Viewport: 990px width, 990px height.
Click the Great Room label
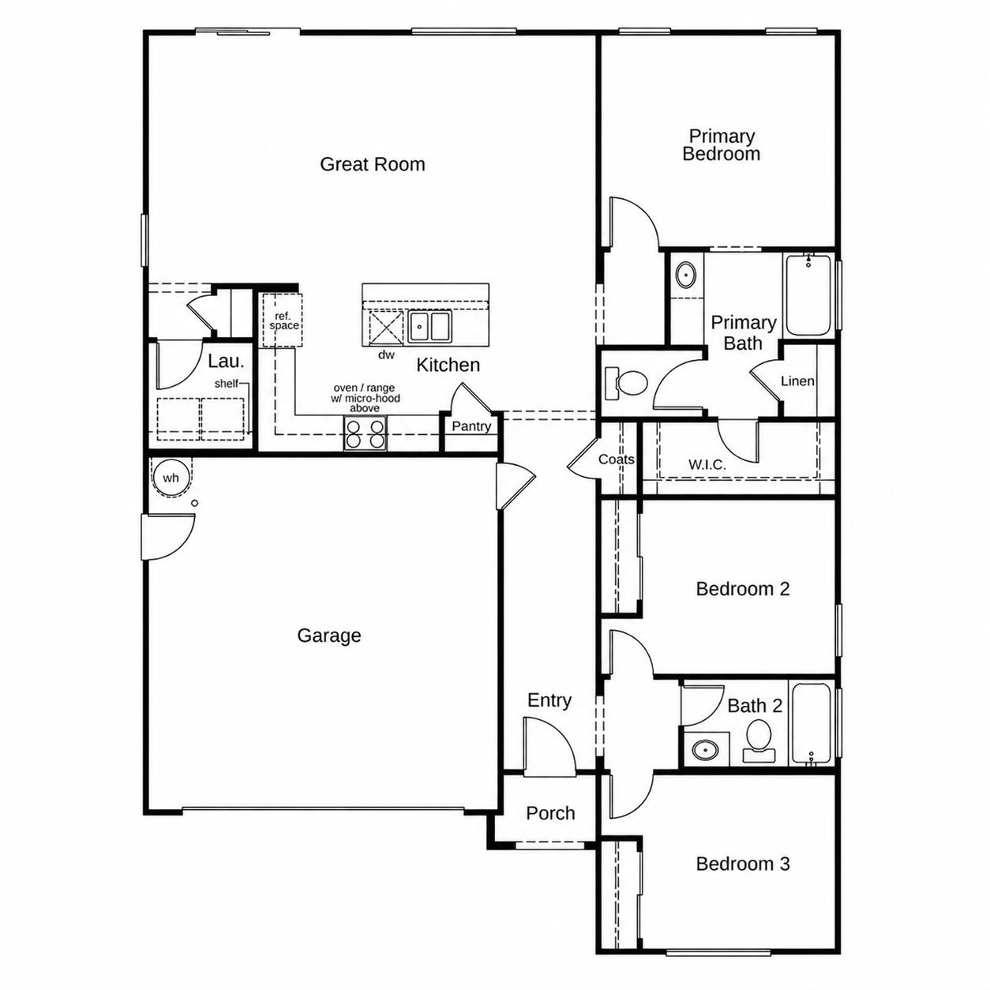pos(373,164)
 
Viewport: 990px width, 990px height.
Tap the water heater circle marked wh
pos(171,478)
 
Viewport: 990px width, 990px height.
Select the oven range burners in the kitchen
pos(365,433)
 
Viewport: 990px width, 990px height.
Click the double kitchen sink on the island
pos(430,327)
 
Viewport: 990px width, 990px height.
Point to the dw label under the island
pos(386,354)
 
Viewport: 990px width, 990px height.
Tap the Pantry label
pos(471,426)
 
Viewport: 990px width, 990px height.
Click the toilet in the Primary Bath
pos(626,383)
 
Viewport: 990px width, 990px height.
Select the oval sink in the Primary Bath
pos(685,275)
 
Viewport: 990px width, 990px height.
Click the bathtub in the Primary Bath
pos(808,295)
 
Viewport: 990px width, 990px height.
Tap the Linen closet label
pos(797,381)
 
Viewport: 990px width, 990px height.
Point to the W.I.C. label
pos(707,465)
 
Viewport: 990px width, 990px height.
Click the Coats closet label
pos(616,459)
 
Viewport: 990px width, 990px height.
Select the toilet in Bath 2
pos(759,741)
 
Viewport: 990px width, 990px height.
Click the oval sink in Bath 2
pos(705,750)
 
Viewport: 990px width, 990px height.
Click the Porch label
pos(550,813)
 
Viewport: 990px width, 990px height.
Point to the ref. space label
pos(283,321)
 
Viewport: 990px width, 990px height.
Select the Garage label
pos(328,636)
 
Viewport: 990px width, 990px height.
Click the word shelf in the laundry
pos(226,383)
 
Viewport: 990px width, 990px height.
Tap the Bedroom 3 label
pos(742,864)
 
